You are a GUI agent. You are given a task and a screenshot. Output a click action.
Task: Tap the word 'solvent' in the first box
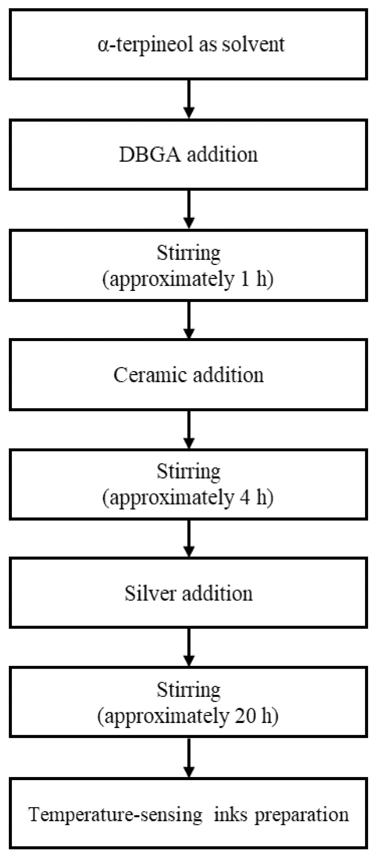[x=253, y=45]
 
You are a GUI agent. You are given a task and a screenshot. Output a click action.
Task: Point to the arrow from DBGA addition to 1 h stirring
[x=189, y=210]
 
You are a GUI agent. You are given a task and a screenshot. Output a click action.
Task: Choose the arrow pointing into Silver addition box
[x=189, y=539]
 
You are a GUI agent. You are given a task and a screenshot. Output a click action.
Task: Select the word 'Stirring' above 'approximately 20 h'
[x=189, y=691]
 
